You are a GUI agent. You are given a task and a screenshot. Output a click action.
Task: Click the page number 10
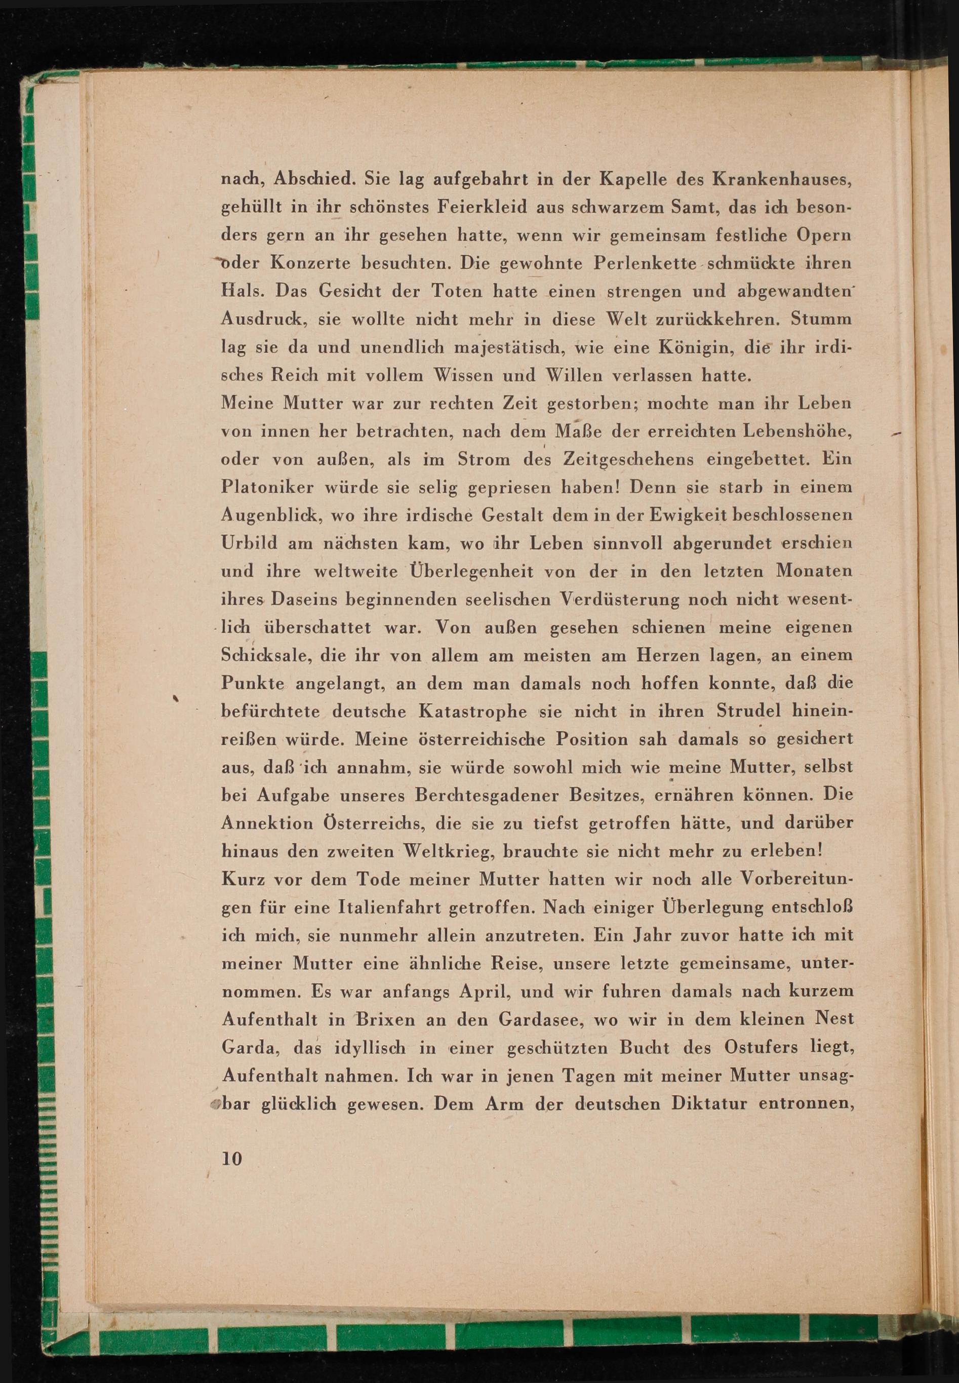[x=232, y=1158]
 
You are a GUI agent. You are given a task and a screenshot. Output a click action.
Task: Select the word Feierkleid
[x=479, y=207]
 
